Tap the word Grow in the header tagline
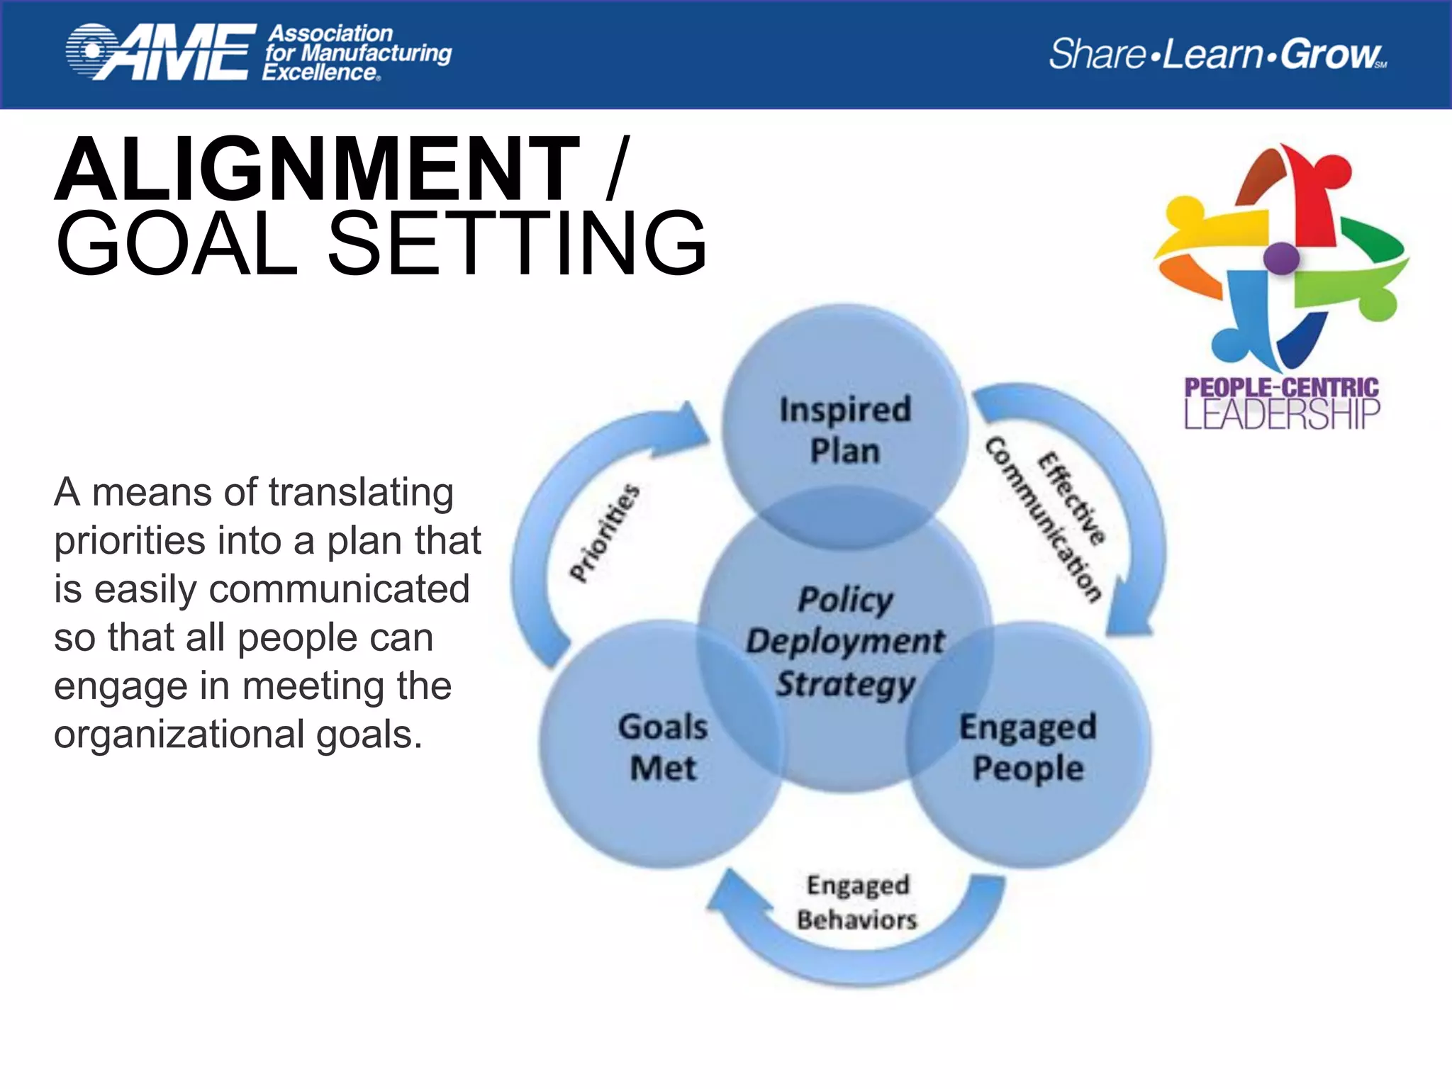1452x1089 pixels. [x=1330, y=54]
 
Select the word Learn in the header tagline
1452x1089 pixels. [x=1212, y=54]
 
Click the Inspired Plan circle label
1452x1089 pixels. [x=845, y=430]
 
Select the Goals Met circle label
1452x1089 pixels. [x=663, y=747]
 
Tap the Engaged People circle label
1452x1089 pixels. [x=1028, y=747]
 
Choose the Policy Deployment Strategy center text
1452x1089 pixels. [x=845, y=642]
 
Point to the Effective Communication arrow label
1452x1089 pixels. [x=1049, y=521]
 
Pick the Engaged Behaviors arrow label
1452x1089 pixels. [x=857, y=902]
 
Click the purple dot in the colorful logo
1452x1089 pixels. [x=1281, y=257]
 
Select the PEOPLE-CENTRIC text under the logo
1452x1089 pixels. [x=1282, y=387]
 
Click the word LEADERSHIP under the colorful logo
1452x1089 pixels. [x=1282, y=414]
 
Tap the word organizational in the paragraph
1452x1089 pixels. [x=179, y=735]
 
